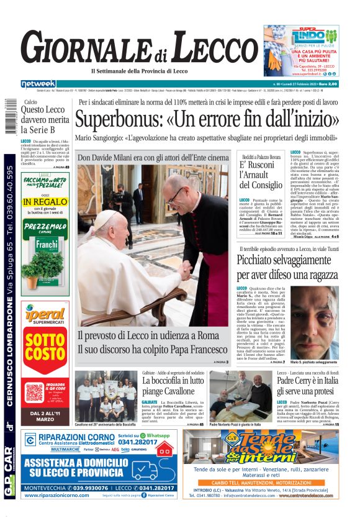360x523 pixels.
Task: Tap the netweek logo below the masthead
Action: (x=38, y=84)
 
